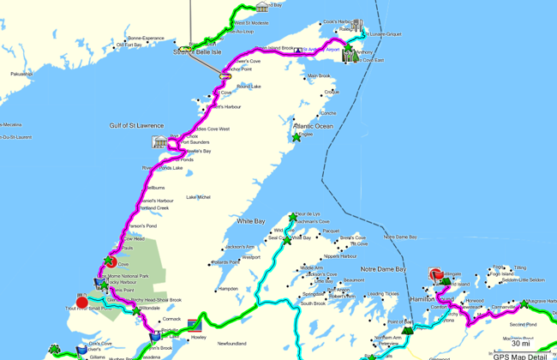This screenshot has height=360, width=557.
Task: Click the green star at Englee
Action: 296,136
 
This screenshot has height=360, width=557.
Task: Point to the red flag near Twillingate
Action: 434,273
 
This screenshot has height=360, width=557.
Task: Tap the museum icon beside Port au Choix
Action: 159,141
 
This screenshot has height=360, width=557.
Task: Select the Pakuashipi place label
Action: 21,74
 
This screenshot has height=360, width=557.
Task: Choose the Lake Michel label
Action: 198,197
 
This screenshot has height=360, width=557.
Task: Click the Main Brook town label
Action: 318,76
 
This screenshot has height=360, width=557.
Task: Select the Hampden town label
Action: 227,289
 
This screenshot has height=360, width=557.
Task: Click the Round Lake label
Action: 249,87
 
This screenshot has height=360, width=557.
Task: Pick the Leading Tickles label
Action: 382,294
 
